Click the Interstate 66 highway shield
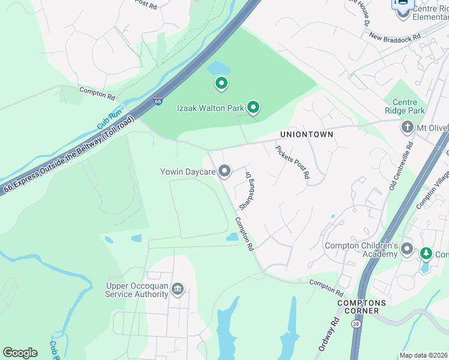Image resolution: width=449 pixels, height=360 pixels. (158, 101)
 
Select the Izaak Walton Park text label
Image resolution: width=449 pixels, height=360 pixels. (210, 108)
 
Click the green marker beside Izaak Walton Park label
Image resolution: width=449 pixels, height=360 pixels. (253, 107)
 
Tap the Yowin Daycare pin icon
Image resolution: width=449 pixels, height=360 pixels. (224, 172)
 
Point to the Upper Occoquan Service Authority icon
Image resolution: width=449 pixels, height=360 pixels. (178, 290)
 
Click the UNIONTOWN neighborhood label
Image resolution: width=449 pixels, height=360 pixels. (306, 134)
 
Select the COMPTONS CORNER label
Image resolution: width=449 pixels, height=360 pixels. (358, 307)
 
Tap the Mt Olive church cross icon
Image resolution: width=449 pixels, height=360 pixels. (407, 127)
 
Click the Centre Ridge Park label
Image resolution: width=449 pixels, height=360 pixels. (405, 106)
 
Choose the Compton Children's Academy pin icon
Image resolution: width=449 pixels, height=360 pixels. (407, 249)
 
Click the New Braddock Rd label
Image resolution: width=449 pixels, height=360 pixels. (394, 37)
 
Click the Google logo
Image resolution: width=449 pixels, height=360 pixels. (20, 353)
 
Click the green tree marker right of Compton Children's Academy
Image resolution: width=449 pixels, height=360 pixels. (426, 254)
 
